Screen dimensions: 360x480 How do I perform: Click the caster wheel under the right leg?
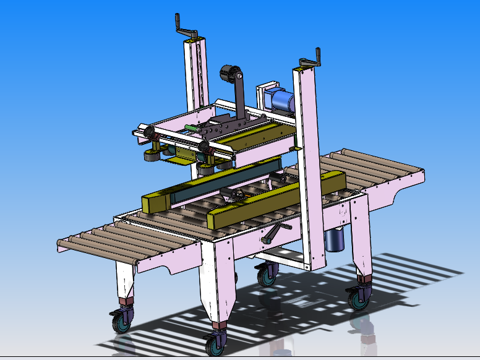coord(359,299)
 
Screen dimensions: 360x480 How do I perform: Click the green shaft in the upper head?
coord(191,128)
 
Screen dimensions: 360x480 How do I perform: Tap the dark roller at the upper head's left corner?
coord(148,131)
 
